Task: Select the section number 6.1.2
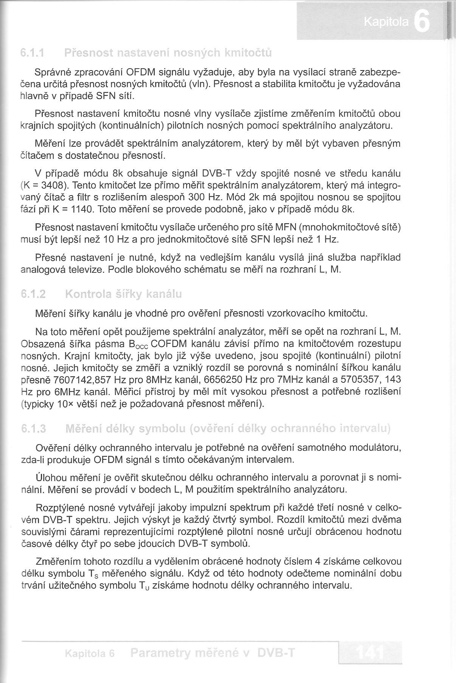tap(33, 294)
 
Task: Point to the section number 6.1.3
tap(34, 429)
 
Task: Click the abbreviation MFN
tap(286, 227)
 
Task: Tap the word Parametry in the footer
tap(159, 653)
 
